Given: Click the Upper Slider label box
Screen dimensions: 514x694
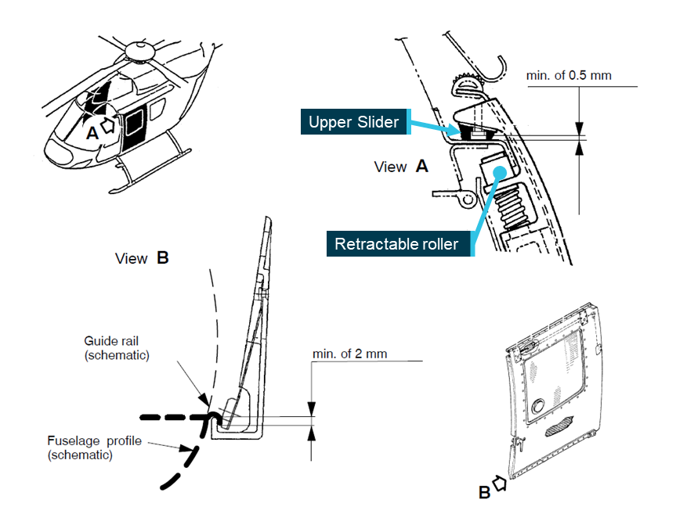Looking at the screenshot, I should (x=353, y=122).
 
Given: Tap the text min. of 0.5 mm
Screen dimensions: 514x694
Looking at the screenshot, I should (x=569, y=76).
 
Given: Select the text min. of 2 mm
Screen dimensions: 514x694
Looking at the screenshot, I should (x=350, y=354).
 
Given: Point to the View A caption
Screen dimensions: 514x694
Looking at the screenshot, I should (x=401, y=167).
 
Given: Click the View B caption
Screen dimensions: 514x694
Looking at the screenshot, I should (x=142, y=257).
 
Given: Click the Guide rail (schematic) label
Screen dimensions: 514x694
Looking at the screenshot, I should (x=117, y=348).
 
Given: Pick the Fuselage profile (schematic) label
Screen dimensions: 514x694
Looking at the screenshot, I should (x=94, y=447).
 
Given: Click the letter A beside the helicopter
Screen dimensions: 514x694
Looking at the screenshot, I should (x=92, y=133).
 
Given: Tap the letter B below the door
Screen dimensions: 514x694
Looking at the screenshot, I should (x=485, y=492).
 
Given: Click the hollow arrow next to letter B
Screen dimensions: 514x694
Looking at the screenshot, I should (x=499, y=483).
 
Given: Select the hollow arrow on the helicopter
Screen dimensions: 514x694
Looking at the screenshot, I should (x=110, y=124).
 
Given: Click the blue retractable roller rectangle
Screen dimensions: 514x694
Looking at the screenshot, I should (x=494, y=169).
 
